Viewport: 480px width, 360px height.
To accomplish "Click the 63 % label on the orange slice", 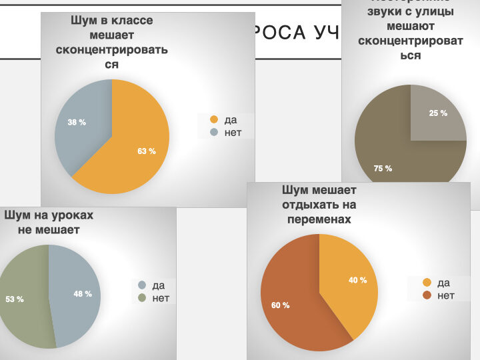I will click(x=147, y=151).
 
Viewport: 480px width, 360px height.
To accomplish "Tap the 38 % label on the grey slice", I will click(x=77, y=123).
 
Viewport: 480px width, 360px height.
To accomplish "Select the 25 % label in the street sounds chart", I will click(x=438, y=113).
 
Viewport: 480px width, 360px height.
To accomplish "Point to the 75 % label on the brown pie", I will click(x=383, y=169).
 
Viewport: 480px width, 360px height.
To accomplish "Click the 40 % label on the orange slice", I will click(x=358, y=281).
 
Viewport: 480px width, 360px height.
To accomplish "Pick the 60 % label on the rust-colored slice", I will click(x=280, y=305).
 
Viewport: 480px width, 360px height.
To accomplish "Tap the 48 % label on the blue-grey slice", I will click(x=83, y=294).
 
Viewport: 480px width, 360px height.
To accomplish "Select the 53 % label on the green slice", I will click(x=15, y=299).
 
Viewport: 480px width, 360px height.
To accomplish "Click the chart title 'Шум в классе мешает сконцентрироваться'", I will click(x=112, y=42).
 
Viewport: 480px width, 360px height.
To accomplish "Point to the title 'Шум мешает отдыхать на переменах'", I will click(x=319, y=205).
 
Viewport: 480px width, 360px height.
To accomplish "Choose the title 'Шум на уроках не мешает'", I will click(x=49, y=223).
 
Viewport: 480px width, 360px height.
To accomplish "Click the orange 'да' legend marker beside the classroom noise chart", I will click(x=214, y=120).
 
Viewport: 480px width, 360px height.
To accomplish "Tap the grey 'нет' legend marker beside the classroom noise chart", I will click(x=214, y=133).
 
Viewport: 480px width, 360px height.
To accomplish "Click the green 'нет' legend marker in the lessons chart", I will click(x=142, y=298).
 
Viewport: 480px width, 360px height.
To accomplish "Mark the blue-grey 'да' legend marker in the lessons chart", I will click(x=142, y=285).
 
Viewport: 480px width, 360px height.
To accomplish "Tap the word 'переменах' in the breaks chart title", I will click(x=319, y=219).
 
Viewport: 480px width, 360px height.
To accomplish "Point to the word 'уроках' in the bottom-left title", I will click(x=71, y=215).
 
